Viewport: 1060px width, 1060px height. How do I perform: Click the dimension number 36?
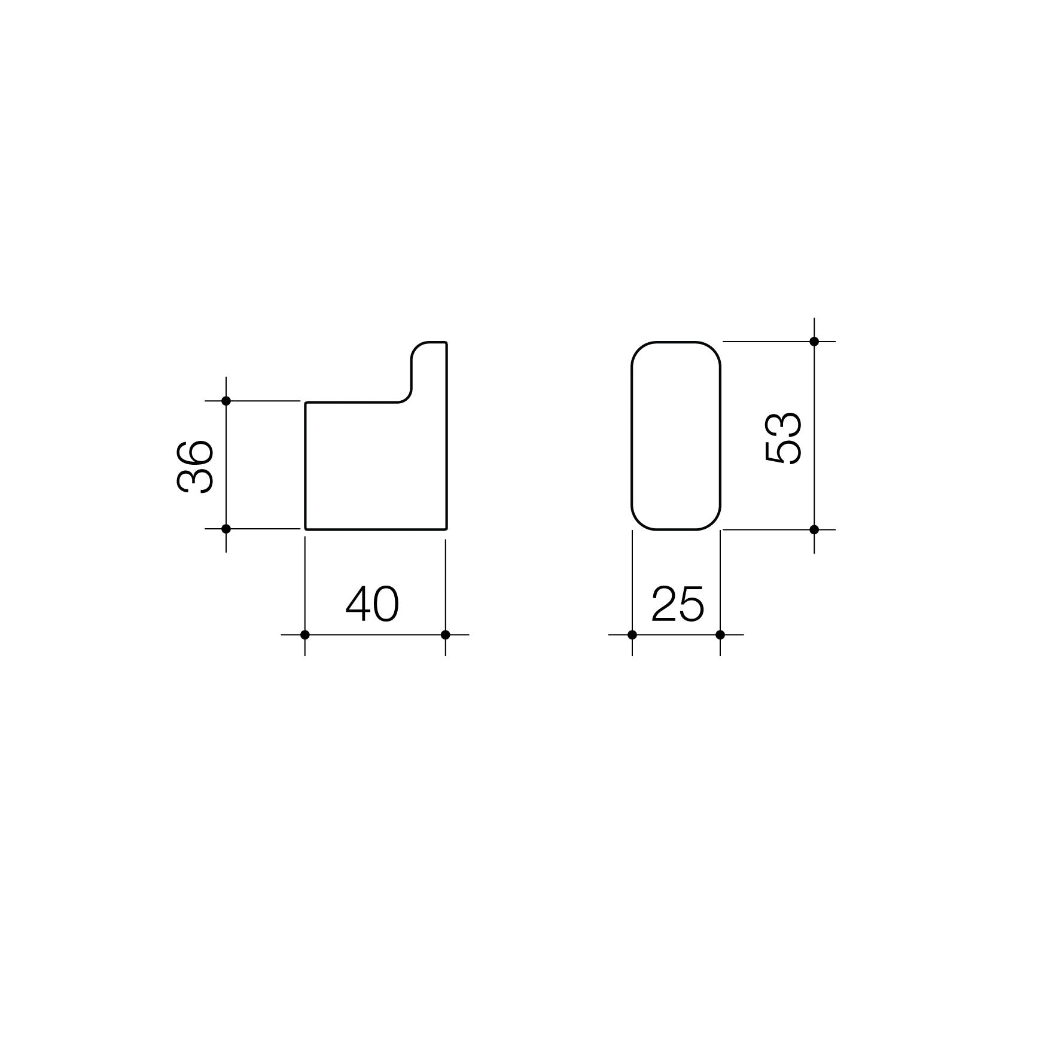tap(196, 467)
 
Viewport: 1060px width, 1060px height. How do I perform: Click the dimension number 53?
tap(784, 438)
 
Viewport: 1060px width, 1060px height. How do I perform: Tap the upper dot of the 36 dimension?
tap(226, 401)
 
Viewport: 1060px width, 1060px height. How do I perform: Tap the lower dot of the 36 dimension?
tap(226, 529)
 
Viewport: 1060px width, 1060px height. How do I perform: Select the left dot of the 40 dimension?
tap(304, 635)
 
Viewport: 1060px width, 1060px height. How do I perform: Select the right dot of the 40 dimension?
tap(445, 635)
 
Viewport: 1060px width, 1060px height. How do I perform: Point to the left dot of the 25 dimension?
tap(632, 635)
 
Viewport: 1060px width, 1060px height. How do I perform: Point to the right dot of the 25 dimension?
tap(720, 635)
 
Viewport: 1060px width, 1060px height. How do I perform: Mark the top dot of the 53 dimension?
tap(814, 342)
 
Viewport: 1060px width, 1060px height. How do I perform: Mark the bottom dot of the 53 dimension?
tap(814, 529)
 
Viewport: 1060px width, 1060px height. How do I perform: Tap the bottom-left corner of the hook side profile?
tap(306, 529)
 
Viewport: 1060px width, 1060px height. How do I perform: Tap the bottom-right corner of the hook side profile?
tap(446, 529)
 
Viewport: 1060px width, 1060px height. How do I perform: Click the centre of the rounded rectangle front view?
tap(676, 435)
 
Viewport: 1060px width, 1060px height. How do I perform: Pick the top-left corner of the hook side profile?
tap(306, 403)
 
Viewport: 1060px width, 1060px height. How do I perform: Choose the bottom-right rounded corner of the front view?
tap(713, 522)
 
